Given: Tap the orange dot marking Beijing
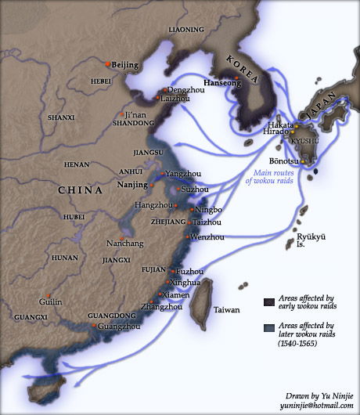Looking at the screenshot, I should click(108, 63).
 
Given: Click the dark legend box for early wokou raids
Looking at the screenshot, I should click(268, 301).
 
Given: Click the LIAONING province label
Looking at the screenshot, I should click(186, 30).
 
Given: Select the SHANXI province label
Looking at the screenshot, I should click(61, 117).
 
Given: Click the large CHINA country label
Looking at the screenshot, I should click(81, 190).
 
